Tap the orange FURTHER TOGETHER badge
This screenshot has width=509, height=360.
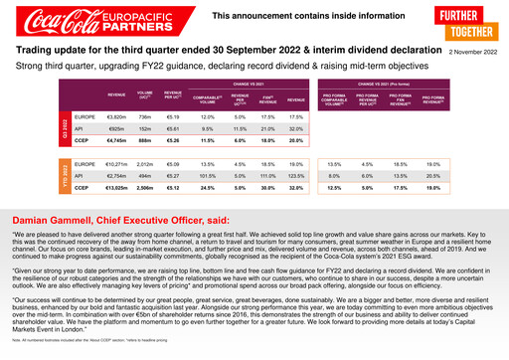[474, 23]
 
